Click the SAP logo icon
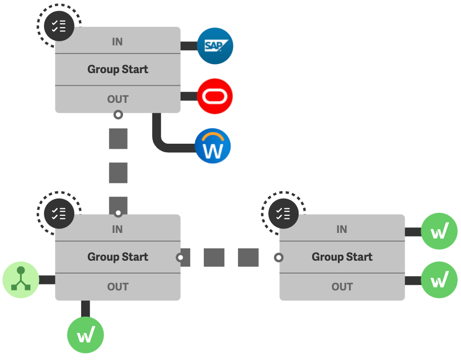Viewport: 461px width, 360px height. click(215, 46)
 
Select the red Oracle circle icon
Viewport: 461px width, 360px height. click(215, 96)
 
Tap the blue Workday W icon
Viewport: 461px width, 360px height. click(213, 146)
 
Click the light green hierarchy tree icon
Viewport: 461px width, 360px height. click(21, 280)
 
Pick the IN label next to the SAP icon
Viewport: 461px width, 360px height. click(117, 42)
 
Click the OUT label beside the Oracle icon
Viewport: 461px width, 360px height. click(118, 99)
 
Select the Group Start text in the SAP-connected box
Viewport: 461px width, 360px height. click(118, 70)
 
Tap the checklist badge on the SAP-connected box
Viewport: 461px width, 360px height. click(60, 25)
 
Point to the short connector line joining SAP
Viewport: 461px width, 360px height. click(188, 46)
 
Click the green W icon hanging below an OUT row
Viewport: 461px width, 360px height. click(85, 335)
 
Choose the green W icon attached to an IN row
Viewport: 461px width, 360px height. click(439, 232)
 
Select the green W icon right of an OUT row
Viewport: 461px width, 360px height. click(439, 280)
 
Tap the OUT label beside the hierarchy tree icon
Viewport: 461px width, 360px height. click(118, 287)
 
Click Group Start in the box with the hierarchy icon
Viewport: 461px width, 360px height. click(118, 257)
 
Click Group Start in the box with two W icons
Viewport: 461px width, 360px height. click(342, 257)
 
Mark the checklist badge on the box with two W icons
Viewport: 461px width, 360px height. click(283, 213)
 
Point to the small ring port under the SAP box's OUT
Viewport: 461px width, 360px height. click(118, 114)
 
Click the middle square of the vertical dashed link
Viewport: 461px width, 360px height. click(118, 173)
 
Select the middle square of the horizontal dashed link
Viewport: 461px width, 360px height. click(214, 257)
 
